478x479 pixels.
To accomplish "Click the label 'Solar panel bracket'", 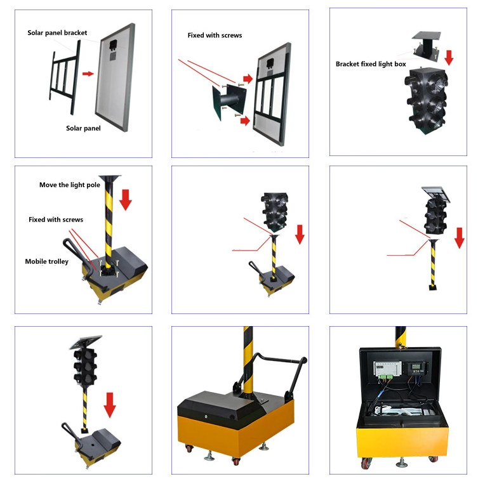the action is pyautogui.click(x=57, y=33).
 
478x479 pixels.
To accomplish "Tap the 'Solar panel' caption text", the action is pyautogui.click(x=83, y=128).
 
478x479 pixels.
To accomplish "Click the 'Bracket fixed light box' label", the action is pyautogui.click(x=371, y=64).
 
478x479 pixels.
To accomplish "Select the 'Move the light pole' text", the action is pyautogui.click(x=70, y=185).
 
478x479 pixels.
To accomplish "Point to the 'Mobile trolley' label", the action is pyautogui.click(x=47, y=261).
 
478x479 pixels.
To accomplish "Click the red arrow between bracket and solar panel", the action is pyautogui.click(x=88, y=74).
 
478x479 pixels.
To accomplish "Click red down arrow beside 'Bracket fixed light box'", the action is pyautogui.click(x=449, y=58).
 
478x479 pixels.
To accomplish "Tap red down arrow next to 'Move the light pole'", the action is pyautogui.click(x=125, y=199).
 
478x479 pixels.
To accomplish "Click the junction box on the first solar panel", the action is pyautogui.click(x=114, y=44).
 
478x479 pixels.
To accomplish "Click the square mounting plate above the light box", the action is pyautogui.click(x=426, y=36).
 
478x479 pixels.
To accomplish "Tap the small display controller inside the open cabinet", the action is pyautogui.click(x=416, y=368).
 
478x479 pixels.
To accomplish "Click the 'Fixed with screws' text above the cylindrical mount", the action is pyautogui.click(x=215, y=36).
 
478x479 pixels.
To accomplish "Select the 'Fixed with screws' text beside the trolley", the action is pyautogui.click(x=56, y=220).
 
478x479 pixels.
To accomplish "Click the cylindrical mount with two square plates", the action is pyautogui.click(x=229, y=102).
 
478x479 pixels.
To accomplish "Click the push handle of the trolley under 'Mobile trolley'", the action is pyautogui.click(x=76, y=255).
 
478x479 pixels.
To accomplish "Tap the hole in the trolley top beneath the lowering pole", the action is pyautogui.click(x=91, y=435).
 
